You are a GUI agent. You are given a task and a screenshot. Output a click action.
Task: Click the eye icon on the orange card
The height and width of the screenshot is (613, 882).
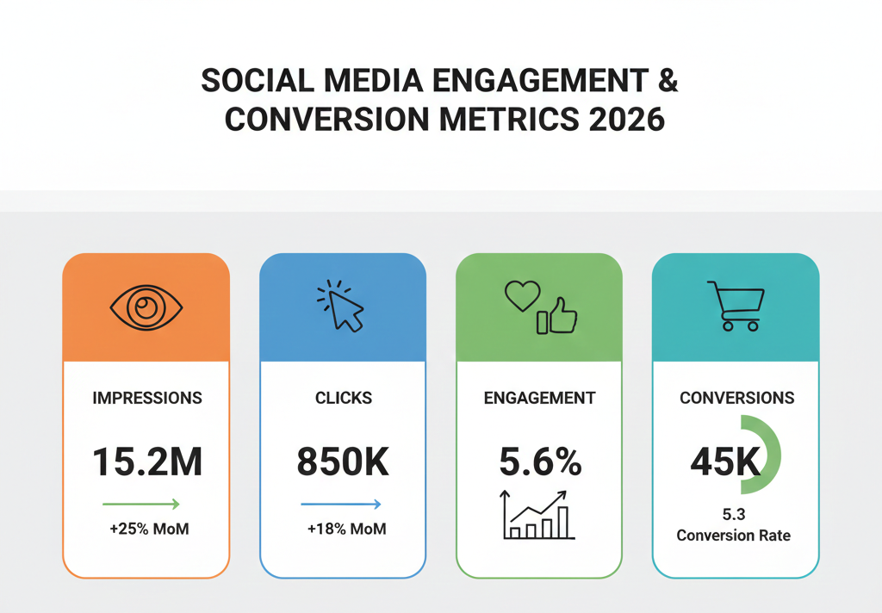click(146, 307)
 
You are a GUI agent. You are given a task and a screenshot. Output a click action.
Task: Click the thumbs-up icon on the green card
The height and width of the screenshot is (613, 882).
click(558, 317)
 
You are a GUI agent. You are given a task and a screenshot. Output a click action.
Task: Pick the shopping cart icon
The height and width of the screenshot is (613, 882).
click(735, 306)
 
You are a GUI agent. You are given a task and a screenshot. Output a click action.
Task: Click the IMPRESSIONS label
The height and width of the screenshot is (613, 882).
click(146, 398)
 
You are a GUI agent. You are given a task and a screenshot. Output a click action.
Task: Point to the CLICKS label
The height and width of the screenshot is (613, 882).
click(343, 398)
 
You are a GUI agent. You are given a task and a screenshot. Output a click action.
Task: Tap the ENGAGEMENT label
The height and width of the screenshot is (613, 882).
click(539, 398)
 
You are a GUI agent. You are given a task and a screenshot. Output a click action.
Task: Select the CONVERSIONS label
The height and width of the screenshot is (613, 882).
click(736, 398)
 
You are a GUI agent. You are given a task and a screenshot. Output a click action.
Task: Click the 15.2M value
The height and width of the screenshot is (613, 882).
click(146, 462)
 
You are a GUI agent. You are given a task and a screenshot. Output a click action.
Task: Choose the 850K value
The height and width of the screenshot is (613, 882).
click(343, 462)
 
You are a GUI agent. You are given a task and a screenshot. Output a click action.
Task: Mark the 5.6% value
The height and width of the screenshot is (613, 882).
click(540, 462)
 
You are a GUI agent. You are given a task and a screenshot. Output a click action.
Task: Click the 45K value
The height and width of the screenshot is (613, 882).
click(725, 462)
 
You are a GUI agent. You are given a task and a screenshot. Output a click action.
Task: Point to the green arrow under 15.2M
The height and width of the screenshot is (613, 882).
click(140, 504)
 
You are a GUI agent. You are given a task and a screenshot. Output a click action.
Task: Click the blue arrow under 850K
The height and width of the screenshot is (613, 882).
click(340, 504)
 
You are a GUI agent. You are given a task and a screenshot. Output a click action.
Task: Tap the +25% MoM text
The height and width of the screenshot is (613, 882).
click(149, 529)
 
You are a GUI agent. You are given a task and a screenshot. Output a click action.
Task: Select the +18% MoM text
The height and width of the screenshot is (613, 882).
click(346, 529)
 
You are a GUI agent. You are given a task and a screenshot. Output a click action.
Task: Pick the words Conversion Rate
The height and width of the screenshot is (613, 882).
click(733, 535)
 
